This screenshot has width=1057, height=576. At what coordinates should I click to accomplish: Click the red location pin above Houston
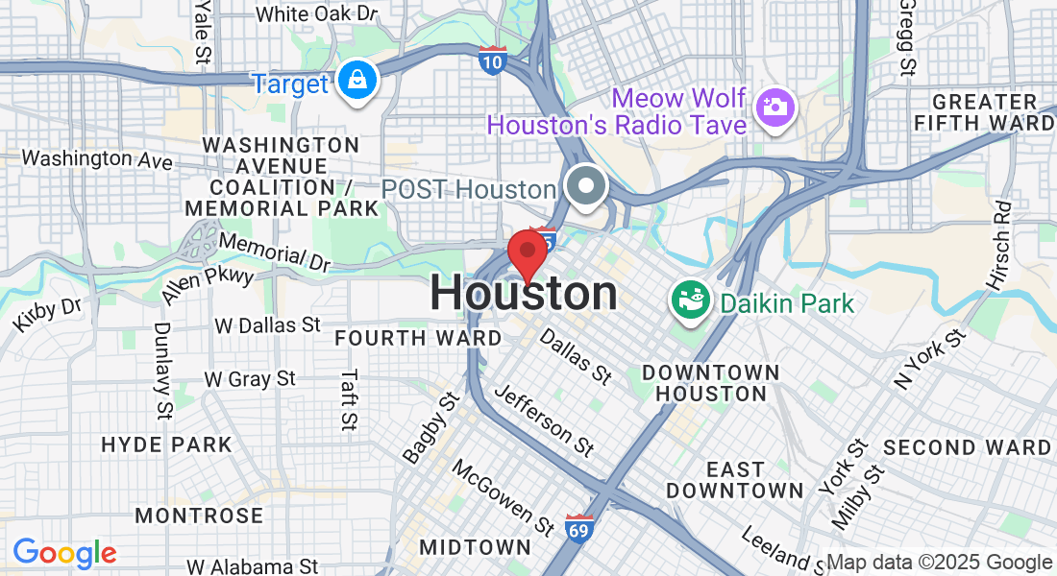527,252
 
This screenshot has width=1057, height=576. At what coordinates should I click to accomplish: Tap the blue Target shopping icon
357,84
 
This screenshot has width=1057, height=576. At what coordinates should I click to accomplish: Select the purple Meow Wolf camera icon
774,106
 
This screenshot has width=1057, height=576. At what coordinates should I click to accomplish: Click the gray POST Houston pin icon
583,186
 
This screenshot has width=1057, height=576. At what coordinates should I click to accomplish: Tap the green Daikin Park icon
688,302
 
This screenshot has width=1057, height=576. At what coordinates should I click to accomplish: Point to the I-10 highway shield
492,61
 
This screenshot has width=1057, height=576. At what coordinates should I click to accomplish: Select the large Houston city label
524,294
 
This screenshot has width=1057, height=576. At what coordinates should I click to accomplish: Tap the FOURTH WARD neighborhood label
418,338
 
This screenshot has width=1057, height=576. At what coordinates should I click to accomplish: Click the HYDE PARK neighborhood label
167,444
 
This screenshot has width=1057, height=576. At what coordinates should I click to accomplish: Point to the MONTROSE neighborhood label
199,516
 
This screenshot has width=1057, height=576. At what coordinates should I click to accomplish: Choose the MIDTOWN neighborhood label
475,547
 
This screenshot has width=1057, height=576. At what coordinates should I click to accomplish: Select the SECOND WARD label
968,447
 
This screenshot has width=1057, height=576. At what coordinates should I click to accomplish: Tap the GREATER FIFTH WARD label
983,112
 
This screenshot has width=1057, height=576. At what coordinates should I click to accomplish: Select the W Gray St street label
250,379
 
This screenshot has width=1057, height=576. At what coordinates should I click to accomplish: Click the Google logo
64,553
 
